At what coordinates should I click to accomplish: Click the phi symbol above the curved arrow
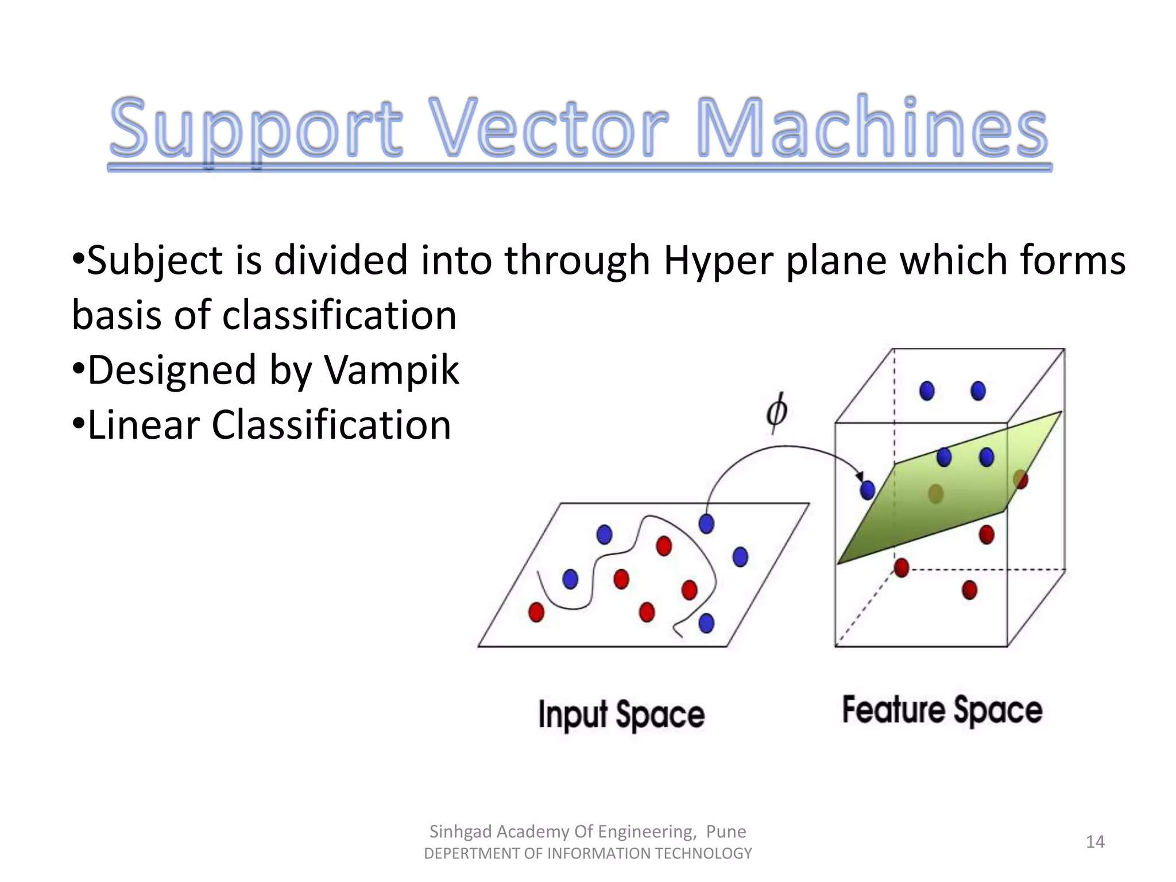pos(777,412)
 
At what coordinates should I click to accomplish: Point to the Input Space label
pos(621,715)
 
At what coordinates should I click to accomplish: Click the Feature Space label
pos(942,711)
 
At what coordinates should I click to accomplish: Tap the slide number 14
pos(1095,842)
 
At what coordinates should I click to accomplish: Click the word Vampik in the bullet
pos(392,370)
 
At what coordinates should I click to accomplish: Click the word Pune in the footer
pos(726,831)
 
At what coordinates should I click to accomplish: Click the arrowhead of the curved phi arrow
pos(860,477)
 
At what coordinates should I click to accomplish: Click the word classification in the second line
pos(339,315)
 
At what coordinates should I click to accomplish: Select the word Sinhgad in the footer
pos(461,831)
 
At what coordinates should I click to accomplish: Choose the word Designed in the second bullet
pos(172,370)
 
